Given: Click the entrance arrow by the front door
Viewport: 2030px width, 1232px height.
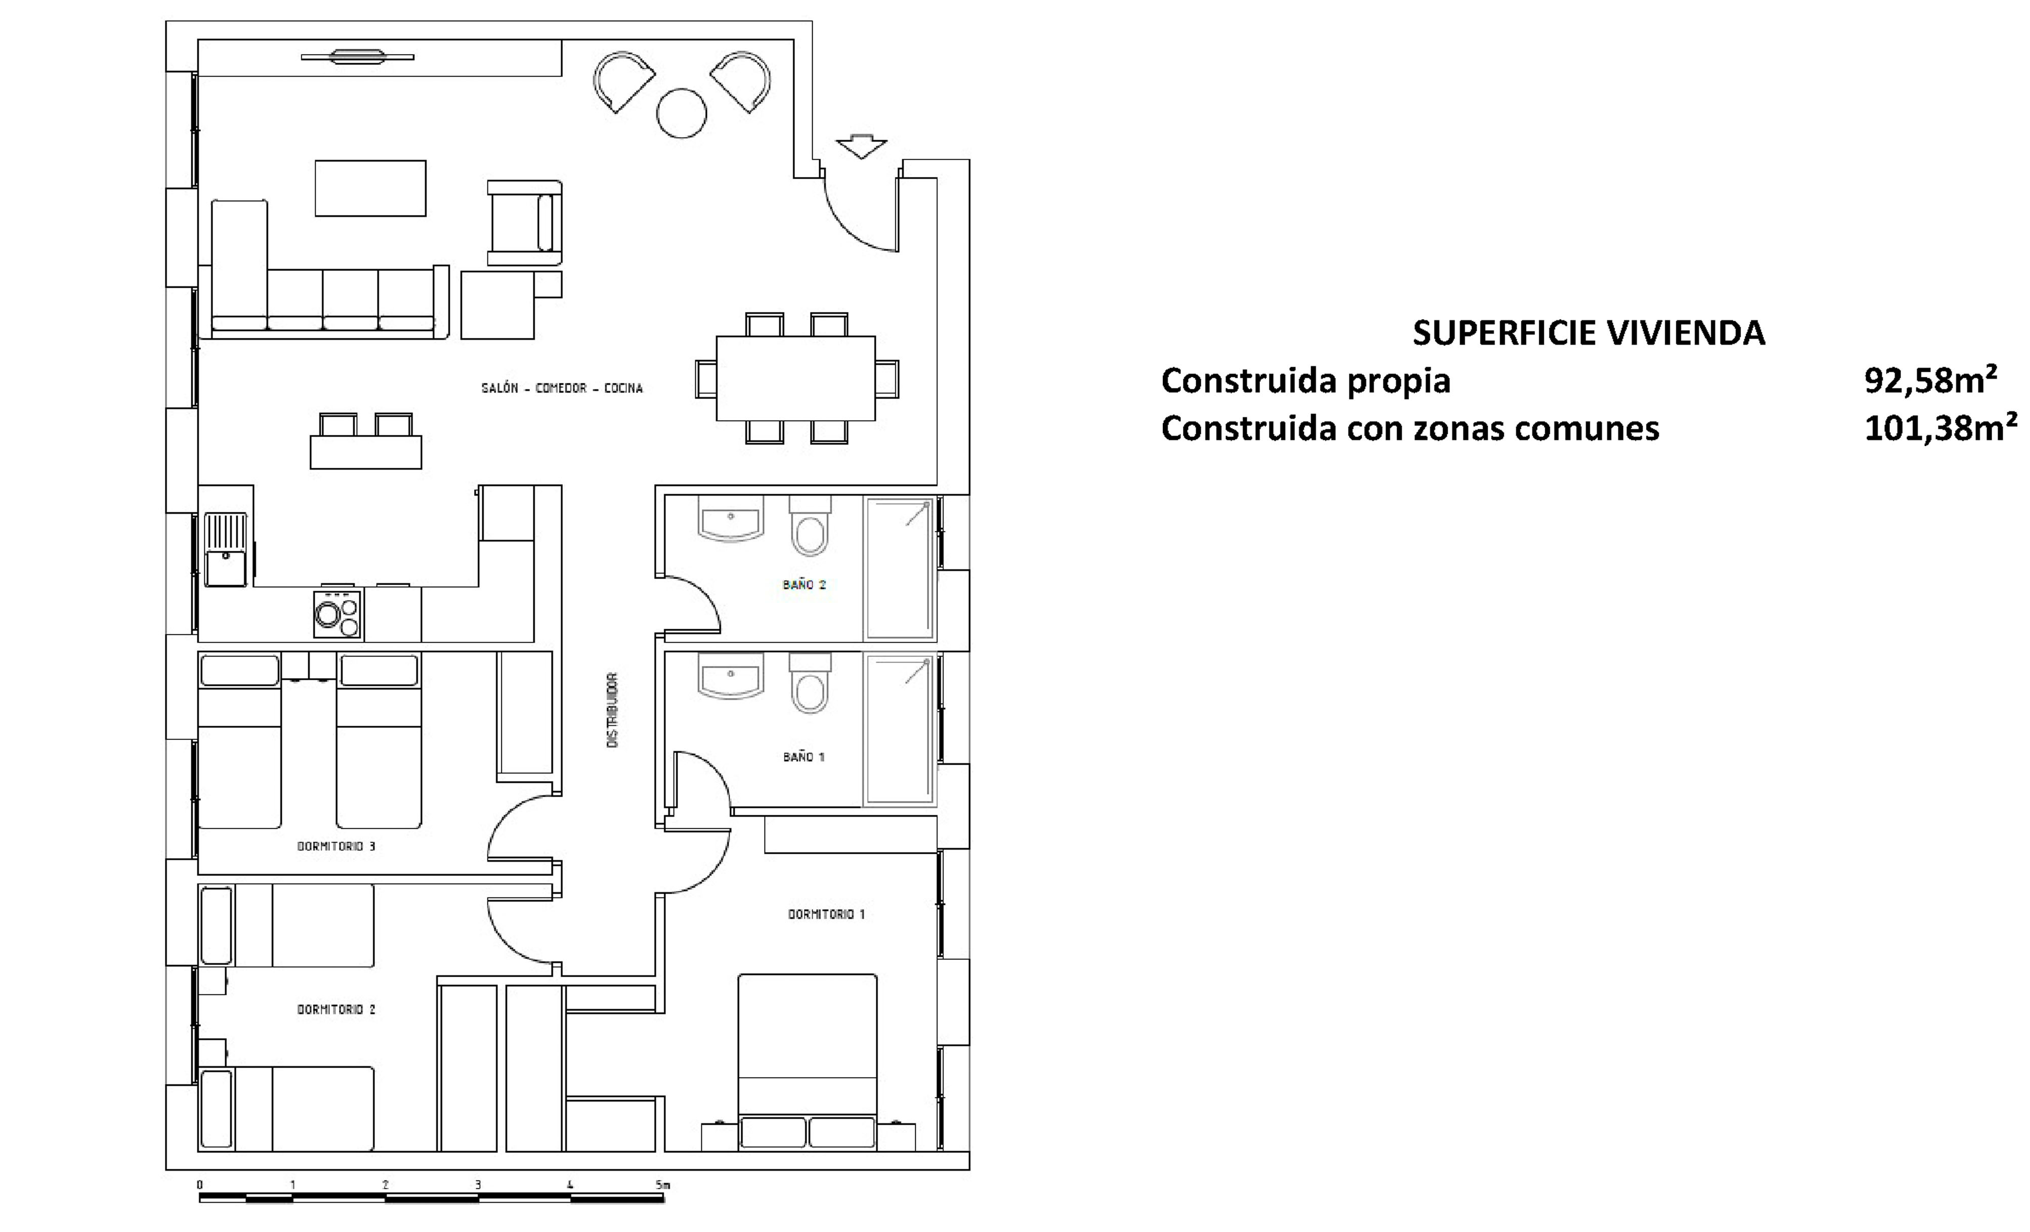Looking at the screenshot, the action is pos(861,146).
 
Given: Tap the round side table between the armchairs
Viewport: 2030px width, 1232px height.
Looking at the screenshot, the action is pos(682,113).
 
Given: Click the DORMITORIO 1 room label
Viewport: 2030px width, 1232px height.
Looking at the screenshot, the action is pos(826,914).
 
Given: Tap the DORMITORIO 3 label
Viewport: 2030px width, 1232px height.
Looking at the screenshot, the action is pos(336,846).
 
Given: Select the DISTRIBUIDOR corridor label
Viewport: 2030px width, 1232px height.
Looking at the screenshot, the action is pos(612,710).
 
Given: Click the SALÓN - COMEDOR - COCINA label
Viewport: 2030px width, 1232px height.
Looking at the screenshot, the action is pos(562,388).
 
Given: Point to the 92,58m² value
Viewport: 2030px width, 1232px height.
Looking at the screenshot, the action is pos(1930,380).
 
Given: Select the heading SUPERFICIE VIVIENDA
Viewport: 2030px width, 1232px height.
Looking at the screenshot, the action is pos(1588,333).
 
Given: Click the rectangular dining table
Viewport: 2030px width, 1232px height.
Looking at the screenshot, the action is pos(796,378).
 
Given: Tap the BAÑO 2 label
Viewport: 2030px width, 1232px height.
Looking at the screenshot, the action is pos(804,585).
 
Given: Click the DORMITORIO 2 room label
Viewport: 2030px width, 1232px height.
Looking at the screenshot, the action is pos(336,1009).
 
